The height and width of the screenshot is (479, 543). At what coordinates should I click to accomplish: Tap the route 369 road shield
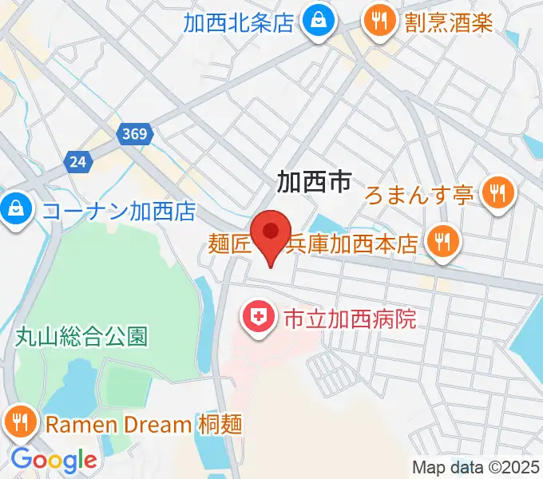(136, 134)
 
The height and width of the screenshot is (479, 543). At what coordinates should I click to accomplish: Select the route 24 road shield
(77, 162)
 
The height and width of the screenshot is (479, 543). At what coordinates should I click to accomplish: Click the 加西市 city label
(314, 182)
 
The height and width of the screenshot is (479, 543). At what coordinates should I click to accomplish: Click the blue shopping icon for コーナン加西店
(14, 210)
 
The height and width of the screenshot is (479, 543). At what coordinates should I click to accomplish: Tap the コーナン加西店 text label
(119, 212)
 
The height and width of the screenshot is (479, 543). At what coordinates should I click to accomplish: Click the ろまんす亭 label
(420, 194)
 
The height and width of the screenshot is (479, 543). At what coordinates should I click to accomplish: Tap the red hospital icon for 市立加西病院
(259, 320)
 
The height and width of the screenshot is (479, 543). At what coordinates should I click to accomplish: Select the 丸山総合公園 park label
(81, 336)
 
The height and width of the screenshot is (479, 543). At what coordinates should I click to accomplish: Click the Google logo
(54, 460)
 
